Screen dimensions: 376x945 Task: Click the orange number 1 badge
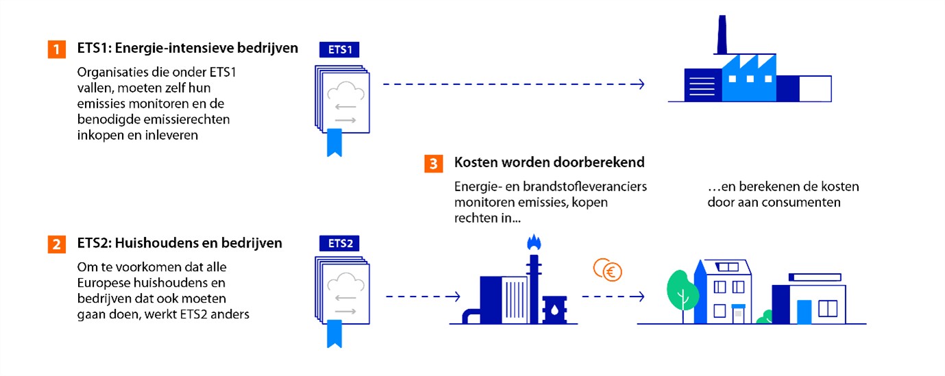coord(56,49)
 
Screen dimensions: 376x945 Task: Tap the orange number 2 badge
coord(56,244)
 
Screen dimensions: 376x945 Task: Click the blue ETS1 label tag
coord(339,50)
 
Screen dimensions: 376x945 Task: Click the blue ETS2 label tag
coord(339,243)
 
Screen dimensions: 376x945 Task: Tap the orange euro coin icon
coord(607,270)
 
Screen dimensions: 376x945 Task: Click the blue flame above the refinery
coord(532,242)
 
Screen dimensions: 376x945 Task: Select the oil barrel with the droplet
coord(553,309)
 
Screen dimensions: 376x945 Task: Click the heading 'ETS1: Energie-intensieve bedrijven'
coord(188,49)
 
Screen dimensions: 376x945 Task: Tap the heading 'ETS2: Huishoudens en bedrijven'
coord(180,244)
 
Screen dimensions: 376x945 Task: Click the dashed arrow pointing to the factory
coord(513,84)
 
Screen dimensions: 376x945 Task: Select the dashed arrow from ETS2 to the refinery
coord(421,297)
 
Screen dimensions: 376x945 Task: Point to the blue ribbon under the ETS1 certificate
coord(334,141)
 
